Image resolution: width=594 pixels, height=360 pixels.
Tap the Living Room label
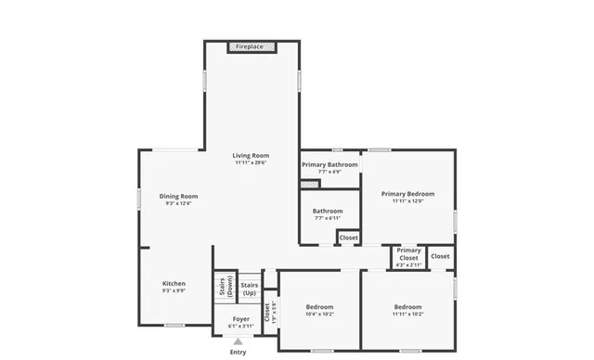pos(251,155)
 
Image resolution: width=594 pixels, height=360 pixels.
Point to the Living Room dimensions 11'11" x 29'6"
pos(251,163)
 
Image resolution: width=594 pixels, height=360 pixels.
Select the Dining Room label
pos(178,196)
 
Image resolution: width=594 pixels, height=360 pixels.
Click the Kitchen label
pos(174,283)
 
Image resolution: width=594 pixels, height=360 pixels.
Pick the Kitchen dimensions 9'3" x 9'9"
pos(174,291)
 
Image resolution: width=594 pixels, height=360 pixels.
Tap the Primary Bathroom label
pos(329,164)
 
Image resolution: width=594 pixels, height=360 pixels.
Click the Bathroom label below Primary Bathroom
pos(328,211)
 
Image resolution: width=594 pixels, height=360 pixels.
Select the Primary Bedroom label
pos(407,193)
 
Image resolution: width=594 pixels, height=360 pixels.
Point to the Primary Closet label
pos(408,253)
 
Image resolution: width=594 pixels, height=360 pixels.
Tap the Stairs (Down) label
pos(224,286)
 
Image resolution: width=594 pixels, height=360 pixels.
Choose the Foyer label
pos(240,318)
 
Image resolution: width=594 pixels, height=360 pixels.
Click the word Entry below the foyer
pos(239,352)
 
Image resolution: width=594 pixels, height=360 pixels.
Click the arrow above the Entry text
pos(239,341)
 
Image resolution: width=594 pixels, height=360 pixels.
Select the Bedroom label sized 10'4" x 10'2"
pos(320,306)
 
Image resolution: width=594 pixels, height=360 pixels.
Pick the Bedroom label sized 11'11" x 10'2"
pos(407,306)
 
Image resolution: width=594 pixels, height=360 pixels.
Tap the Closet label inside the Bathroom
pos(348,238)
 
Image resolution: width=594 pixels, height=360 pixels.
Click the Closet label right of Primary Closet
pos(440,256)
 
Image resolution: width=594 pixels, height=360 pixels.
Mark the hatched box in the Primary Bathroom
pos(309,184)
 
